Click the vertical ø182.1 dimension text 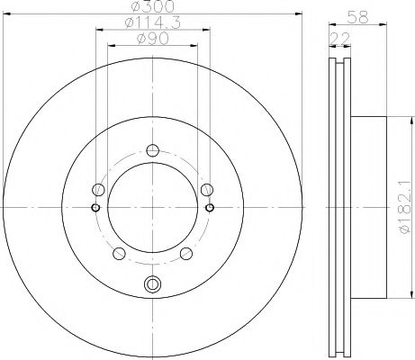[x=403, y=207]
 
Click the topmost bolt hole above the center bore [x=152, y=150]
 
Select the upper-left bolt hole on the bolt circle [x=98, y=189]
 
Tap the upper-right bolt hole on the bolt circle [x=207, y=189]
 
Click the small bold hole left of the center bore [x=95, y=208]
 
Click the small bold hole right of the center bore [x=210, y=208]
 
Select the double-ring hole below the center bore [x=152, y=287]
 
